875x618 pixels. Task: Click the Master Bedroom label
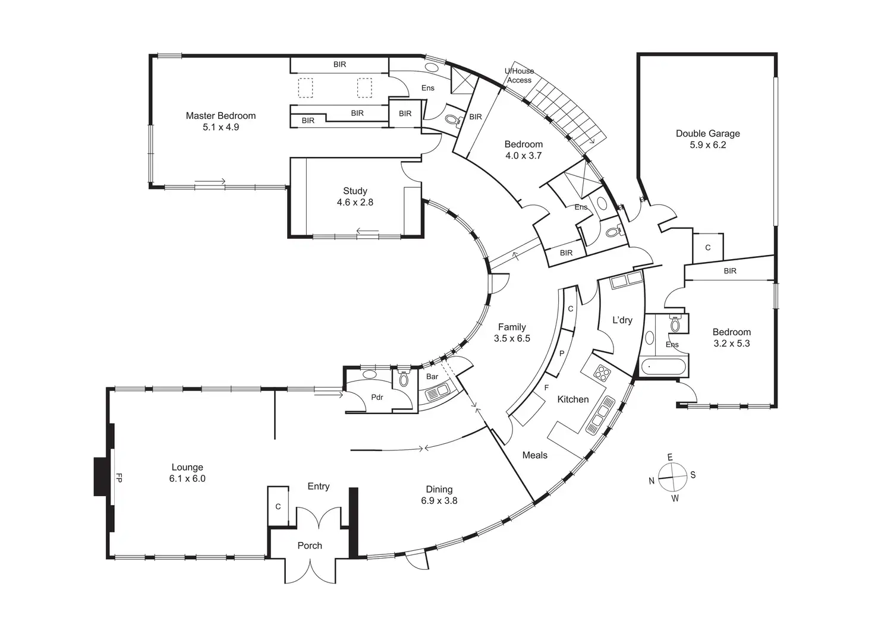(x=221, y=115)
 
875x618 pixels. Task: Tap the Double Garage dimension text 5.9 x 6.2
(x=708, y=145)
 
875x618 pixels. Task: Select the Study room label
(x=355, y=191)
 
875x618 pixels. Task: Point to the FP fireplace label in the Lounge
(x=119, y=477)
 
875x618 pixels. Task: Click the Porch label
(x=310, y=546)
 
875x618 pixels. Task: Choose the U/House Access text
(x=519, y=75)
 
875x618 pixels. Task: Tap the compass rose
(x=672, y=477)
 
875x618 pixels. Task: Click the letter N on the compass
(x=651, y=481)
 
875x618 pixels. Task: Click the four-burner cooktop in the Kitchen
(x=602, y=373)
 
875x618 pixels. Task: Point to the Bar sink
(x=438, y=392)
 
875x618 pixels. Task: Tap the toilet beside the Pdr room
(x=404, y=377)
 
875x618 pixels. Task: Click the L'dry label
(x=622, y=320)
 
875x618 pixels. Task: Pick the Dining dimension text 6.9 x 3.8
(x=439, y=500)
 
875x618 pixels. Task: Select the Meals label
(x=535, y=455)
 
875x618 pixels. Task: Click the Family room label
(x=512, y=327)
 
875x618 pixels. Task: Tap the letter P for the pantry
(x=562, y=354)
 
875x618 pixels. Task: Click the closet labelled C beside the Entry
(x=278, y=506)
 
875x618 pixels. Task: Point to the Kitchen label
(x=573, y=399)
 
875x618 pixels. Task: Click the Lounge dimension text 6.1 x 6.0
(x=187, y=478)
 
